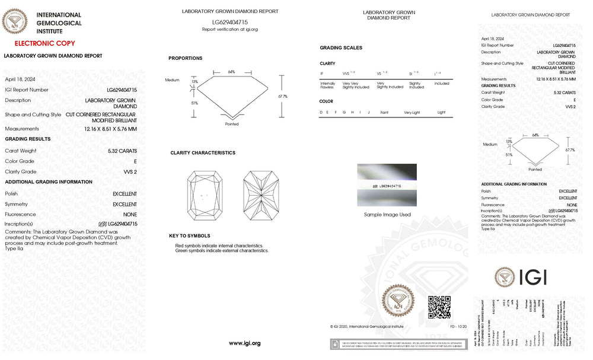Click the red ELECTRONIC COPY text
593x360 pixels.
point(44,43)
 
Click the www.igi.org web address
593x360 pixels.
point(244,343)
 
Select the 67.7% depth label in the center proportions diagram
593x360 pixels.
point(282,96)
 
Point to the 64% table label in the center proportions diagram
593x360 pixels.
point(231,72)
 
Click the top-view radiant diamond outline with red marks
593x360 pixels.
point(203,195)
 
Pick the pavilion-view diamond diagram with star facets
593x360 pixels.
point(262,195)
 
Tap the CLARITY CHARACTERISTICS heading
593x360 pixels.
point(203,153)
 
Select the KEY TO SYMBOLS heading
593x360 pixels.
point(189,236)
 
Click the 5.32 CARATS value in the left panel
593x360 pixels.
point(122,151)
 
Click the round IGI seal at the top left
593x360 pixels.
point(15,23)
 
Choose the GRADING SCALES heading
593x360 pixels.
point(340,48)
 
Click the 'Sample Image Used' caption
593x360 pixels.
point(387,215)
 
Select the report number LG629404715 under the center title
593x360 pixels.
point(229,22)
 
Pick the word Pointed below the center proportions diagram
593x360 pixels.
point(232,124)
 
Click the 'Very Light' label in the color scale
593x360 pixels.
point(412,112)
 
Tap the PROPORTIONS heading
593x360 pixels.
point(185,58)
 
